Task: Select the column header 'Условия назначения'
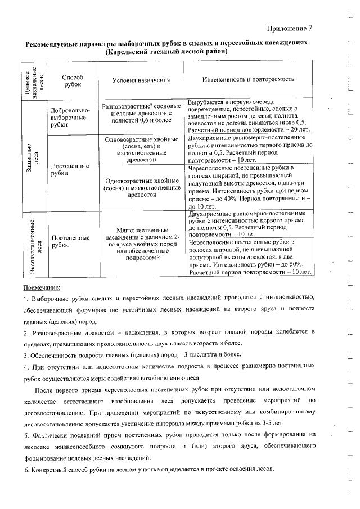click(141, 80)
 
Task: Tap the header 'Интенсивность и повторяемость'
click(248, 80)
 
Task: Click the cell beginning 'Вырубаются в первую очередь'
click(248, 116)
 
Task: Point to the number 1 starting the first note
click(26, 298)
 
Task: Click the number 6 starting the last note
click(26, 469)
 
